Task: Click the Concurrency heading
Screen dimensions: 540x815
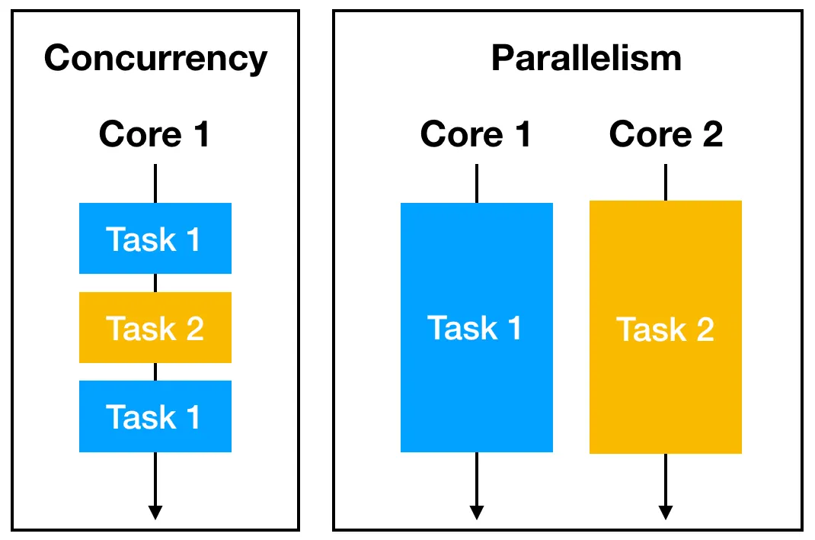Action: point(155,59)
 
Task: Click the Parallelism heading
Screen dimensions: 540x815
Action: point(586,59)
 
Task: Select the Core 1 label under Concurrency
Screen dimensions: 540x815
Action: point(155,135)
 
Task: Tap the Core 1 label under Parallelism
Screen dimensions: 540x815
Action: point(476,135)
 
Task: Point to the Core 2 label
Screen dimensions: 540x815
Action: point(666,135)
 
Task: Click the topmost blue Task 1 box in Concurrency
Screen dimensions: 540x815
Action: point(155,239)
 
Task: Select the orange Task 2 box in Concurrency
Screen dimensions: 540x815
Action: point(155,328)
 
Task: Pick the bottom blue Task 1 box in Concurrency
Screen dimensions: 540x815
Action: point(155,416)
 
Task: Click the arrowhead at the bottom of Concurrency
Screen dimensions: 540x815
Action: point(155,513)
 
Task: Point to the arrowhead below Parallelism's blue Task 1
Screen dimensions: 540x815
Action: point(476,513)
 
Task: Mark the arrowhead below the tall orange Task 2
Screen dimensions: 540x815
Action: point(666,513)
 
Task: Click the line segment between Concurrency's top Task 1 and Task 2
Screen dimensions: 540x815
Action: point(155,283)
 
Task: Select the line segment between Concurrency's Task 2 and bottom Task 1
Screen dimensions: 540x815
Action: point(155,371)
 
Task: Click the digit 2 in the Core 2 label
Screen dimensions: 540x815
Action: point(710,135)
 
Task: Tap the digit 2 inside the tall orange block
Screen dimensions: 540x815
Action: point(703,329)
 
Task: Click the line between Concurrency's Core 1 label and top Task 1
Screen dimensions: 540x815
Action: point(155,184)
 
